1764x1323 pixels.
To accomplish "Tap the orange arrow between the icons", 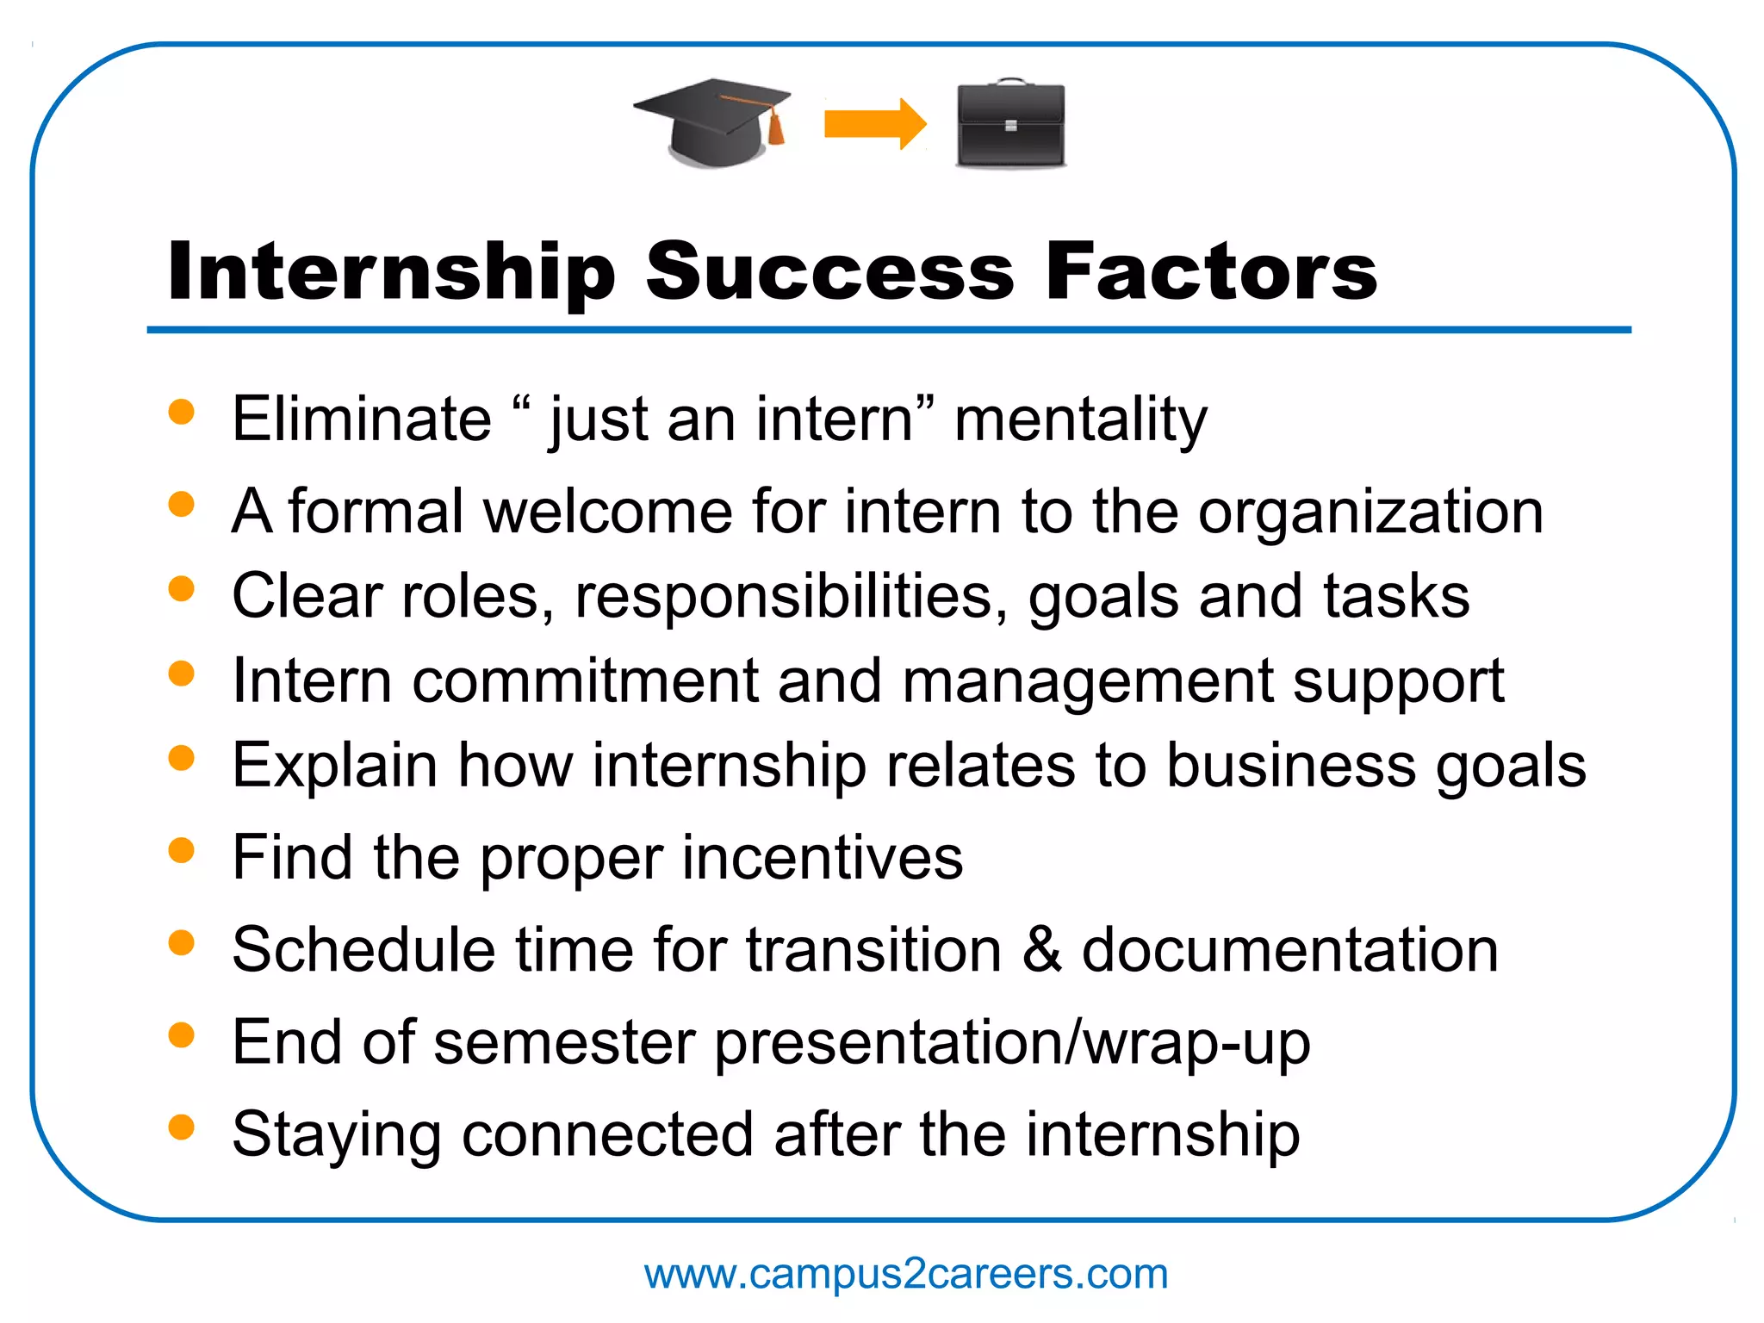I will click(873, 124).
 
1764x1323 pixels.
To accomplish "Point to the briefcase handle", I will click(1009, 84).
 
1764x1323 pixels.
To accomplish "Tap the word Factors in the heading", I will click(1211, 272).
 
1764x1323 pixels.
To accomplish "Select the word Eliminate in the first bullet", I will click(362, 419).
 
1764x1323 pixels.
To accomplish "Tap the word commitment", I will click(585, 681).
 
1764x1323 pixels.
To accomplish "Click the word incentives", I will click(823, 858).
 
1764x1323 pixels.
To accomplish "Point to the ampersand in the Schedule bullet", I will click(1042, 950).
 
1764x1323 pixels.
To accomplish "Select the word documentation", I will click(1289, 950).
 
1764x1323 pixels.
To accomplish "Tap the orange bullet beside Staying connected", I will click(182, 1127).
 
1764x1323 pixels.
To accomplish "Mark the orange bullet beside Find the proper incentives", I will click(182, 851).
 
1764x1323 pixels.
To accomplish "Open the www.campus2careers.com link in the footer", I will click(906, 1274).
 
